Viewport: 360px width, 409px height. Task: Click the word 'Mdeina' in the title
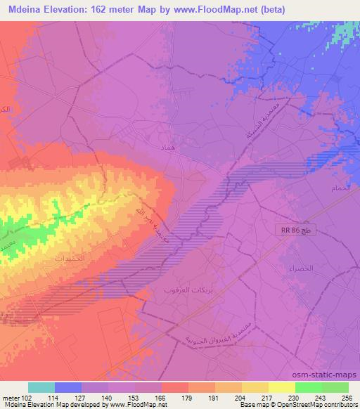(25, 9)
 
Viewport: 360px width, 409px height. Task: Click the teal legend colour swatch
(41, 387)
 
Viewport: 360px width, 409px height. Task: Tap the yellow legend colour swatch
(282, 387)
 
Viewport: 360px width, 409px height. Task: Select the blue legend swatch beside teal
(68, 387)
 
